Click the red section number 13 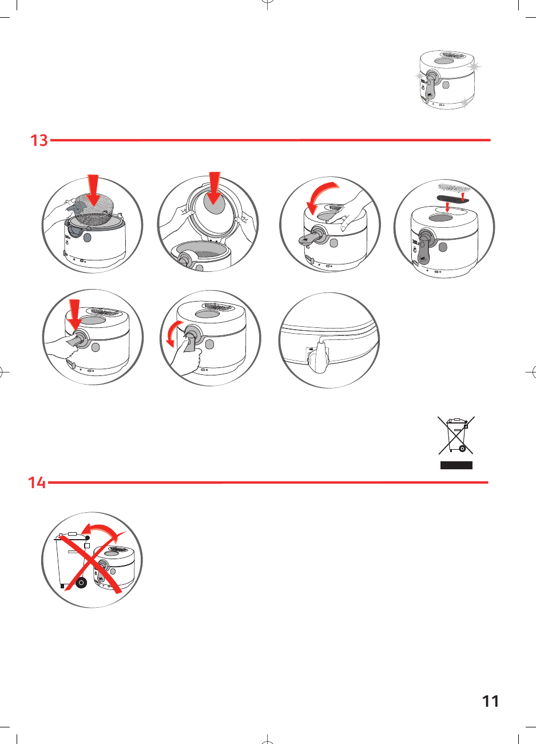click(39, 140)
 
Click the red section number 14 click(37, 483)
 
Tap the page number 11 click(490, 701)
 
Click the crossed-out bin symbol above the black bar click(456, 436)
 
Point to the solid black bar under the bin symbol click(456, 465)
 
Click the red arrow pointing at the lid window click(215, 188)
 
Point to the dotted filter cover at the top click(454, 187)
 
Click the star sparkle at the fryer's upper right click(474, 67)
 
